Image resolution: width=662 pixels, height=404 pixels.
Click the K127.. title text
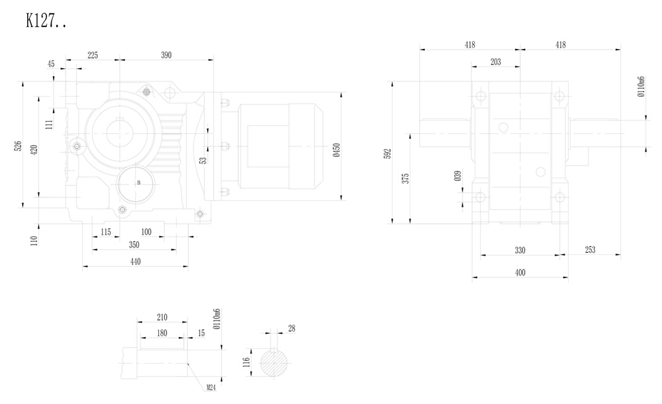(46, 21)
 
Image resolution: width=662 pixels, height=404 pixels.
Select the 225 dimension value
(92, 56)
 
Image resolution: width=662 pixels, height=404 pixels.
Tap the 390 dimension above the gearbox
(165, 56)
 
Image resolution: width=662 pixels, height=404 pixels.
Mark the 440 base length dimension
(135, 262)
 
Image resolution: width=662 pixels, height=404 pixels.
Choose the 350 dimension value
(134, 245)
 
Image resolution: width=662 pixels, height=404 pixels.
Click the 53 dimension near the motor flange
(203, 159)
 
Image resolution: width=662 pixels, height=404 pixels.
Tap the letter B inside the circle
(138, 182)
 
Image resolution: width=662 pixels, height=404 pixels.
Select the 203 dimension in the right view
(495, 62)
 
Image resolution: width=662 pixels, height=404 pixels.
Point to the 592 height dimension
(388, 154)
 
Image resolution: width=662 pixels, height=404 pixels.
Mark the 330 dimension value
(520, 250)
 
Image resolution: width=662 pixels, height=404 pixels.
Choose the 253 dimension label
(590, 250)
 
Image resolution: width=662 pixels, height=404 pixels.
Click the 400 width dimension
(520, 272)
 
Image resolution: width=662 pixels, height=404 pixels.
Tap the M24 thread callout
(211, 387)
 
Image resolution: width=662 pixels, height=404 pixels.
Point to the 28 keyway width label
(291, 328)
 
